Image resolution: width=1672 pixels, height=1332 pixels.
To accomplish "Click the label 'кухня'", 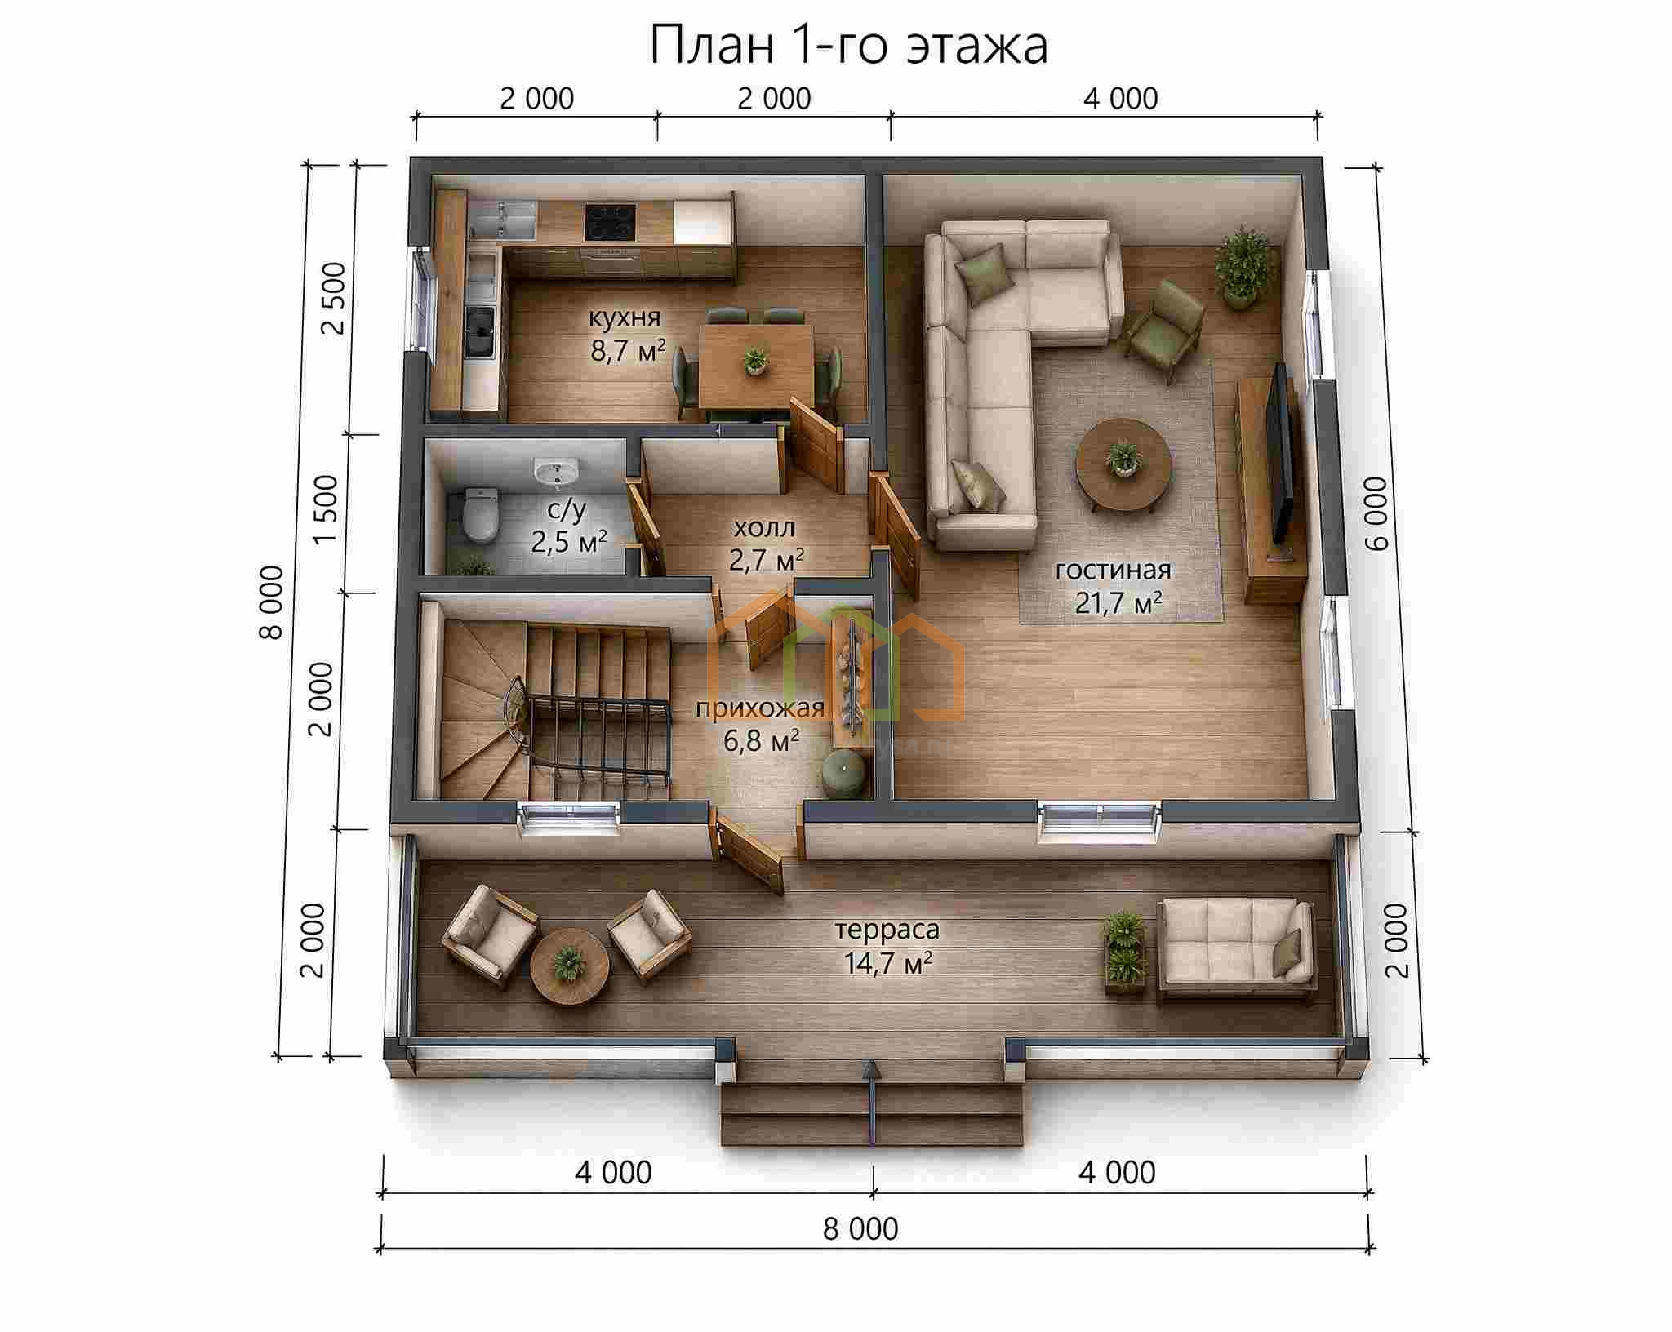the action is tap(625, 317).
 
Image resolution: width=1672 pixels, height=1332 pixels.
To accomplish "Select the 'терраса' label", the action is tap(887, 930).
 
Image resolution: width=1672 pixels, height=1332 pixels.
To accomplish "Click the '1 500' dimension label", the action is tap(325, 509).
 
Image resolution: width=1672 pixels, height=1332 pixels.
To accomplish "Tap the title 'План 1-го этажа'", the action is tap(849, 46).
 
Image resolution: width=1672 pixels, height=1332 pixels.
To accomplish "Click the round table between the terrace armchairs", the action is tap(570, 968).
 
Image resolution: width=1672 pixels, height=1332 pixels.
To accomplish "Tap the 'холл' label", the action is tap(764, 528).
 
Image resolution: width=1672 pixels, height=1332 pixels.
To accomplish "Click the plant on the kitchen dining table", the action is tap(756, 361).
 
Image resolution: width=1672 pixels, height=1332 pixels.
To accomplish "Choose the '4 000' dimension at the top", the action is tap(1121, 99).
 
